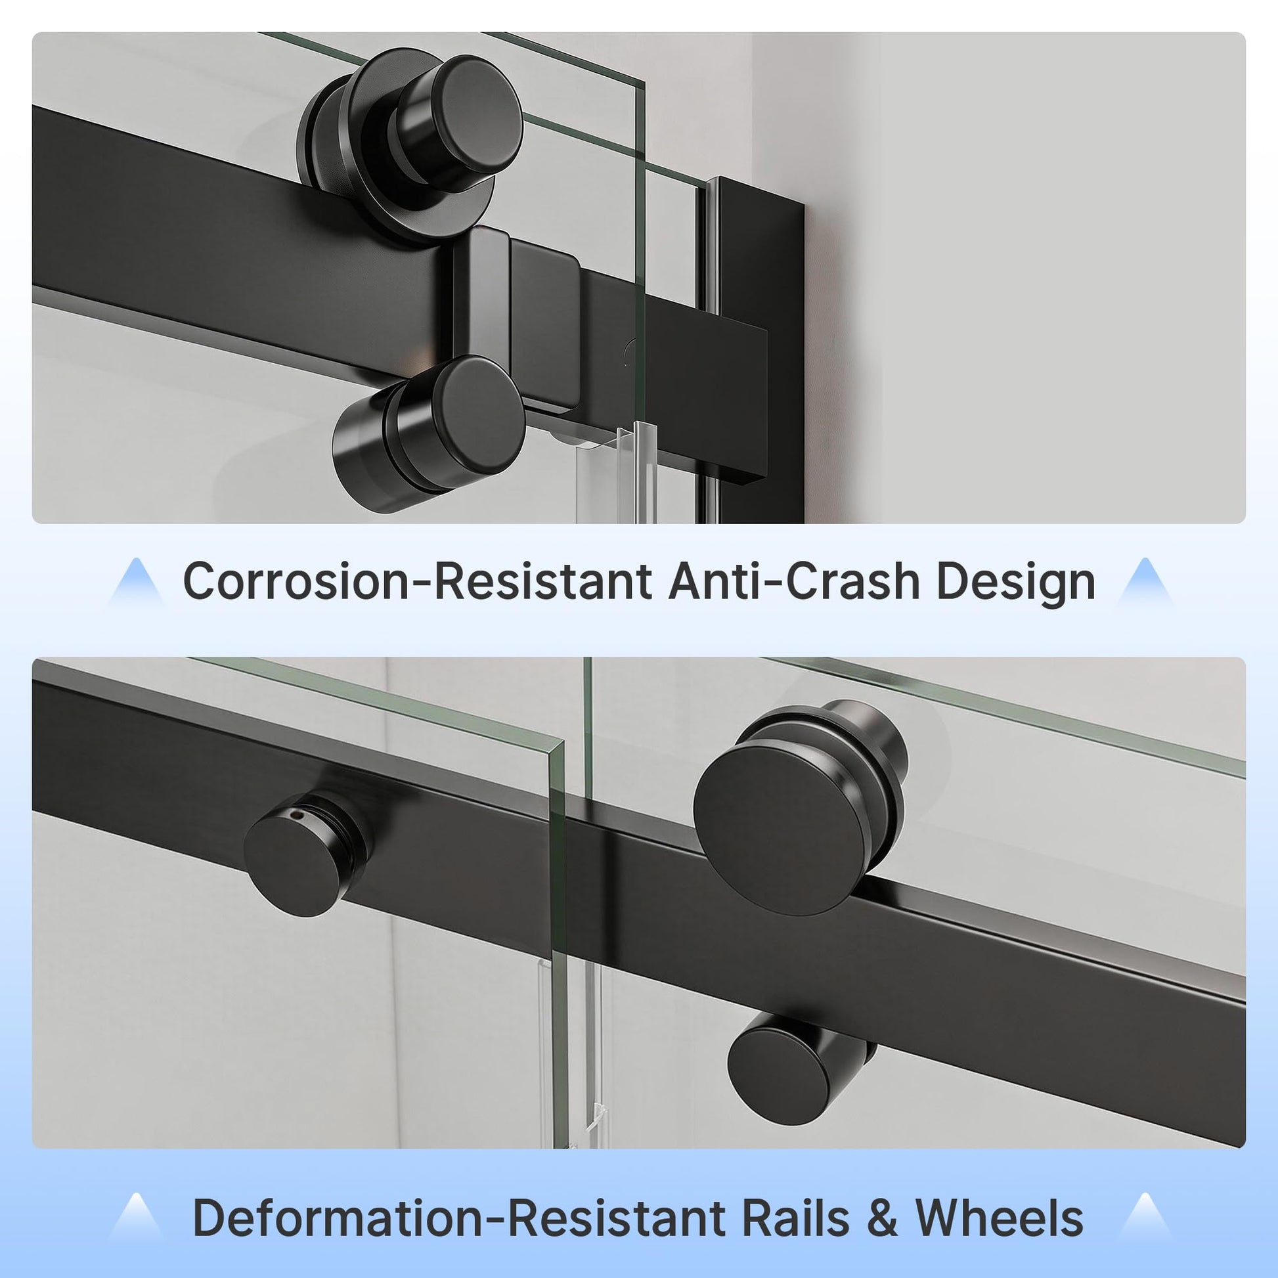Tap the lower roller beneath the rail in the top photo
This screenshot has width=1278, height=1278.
tap(430, 433)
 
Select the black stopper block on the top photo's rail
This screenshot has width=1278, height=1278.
tap(516, 317)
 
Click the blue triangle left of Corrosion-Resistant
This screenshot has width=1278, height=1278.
tap(136, 582)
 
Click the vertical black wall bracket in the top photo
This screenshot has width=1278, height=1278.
tap(760, 331)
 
